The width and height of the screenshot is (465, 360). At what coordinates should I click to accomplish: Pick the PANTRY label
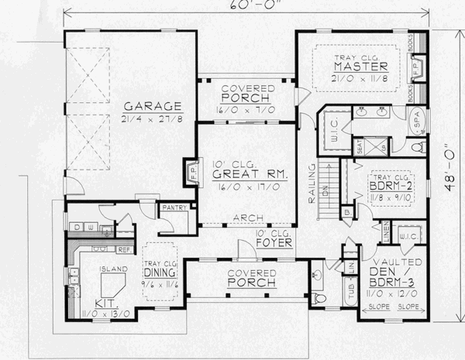174,207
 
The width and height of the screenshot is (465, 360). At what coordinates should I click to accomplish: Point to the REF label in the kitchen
125,250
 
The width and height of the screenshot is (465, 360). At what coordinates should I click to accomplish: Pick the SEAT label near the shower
360,145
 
